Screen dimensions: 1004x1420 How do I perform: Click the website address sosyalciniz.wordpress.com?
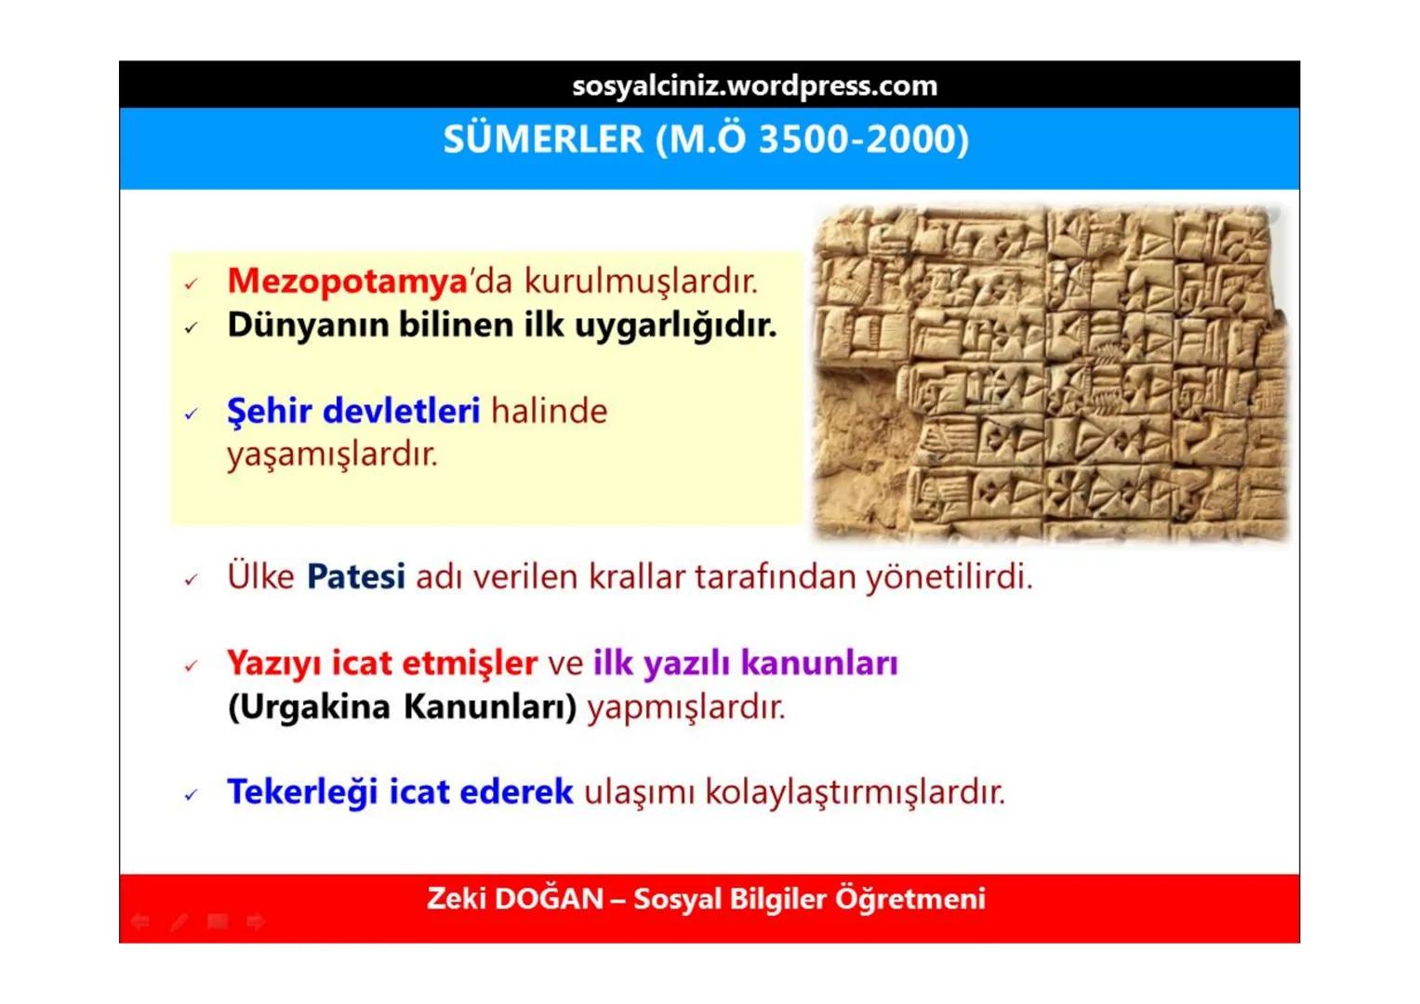[754, 86]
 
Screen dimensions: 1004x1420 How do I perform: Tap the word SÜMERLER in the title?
[543, 139]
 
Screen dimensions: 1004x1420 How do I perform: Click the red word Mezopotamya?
[347, 281]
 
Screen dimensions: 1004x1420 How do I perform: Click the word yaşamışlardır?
[332, 455]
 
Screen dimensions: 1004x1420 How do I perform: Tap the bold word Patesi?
[355, 577]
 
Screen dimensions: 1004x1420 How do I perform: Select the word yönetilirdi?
[949, 577]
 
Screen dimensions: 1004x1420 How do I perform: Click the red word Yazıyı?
[273, 664]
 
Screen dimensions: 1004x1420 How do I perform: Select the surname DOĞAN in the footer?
[549, 899]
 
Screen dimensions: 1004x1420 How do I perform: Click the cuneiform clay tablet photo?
[1050, 372]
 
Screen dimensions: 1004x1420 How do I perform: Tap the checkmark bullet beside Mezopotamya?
[191, 284]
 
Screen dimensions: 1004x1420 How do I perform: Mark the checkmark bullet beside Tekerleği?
[191, 795]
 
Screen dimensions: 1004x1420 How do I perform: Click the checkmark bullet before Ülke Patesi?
[191, 580]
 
